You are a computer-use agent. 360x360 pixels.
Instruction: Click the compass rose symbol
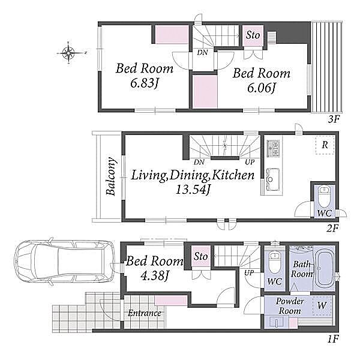point(69,53)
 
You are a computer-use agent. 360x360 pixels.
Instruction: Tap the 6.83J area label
point(145,83)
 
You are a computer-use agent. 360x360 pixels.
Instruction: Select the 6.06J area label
point(261,88)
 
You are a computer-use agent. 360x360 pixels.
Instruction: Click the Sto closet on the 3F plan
point(253,35)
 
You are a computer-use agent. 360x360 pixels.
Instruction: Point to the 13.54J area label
point(193,190)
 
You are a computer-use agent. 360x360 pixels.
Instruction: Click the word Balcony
point(111,176)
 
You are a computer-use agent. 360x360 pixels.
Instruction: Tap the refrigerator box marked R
point(325,145)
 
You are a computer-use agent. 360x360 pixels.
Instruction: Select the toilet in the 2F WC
point(324,196)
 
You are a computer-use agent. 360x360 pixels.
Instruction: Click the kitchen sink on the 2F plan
point(273,179)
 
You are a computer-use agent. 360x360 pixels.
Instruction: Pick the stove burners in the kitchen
point(273,148)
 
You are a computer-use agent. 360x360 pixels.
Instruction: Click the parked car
point(64,262)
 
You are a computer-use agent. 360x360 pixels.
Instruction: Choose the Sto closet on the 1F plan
point(200,256)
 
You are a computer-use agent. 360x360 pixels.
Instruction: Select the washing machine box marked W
point(322,305)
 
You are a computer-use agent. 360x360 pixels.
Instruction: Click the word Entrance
point(145,313)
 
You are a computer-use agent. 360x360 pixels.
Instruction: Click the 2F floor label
point(332,229)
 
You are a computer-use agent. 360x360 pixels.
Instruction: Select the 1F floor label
point(332,338)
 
